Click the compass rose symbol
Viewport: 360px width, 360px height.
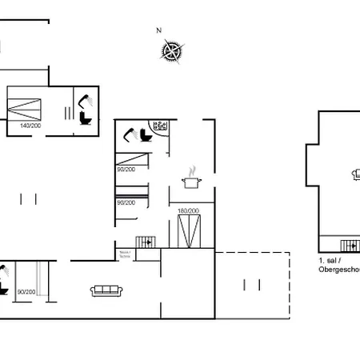point(171,51)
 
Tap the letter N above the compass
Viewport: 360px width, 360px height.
point(159,30)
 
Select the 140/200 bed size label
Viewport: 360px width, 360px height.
point(30,126)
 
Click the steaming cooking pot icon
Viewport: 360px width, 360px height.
point(190,181)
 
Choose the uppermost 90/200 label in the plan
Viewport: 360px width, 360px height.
point(126,169)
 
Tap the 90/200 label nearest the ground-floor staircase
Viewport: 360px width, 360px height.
point(126,202)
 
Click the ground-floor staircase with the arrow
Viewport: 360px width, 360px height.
point(146,242)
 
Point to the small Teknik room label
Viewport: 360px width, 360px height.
point(125,254)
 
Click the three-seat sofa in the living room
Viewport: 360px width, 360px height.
point(106,290)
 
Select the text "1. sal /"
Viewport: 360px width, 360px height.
point(331,261)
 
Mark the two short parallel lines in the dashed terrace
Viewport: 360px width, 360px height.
point(250,283)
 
